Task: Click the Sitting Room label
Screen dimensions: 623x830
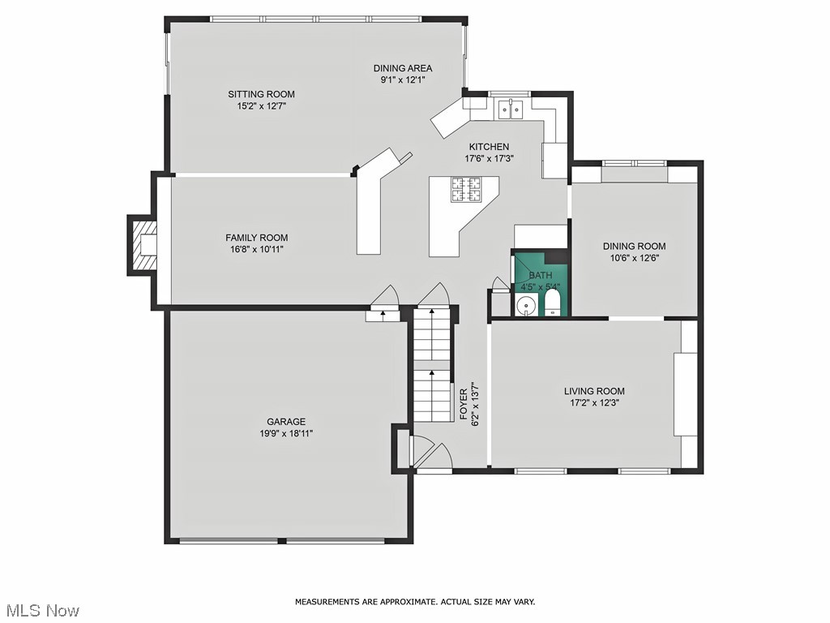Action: tap(261, 94)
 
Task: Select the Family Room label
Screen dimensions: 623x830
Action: tap(256, 238)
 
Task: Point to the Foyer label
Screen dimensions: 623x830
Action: tap(464, 403)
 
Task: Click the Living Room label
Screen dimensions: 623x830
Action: tap(594, 391)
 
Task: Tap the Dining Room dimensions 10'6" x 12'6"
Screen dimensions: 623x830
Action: tap(634, 258)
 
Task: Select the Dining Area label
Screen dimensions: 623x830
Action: tap(402, 68)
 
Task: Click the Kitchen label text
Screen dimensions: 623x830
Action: tap(489, 147)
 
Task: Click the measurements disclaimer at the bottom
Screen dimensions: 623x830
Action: tap(414, 602)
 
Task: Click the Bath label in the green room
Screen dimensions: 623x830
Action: tap(541, 276)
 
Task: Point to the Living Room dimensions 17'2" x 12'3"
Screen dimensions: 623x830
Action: tap(594, 402)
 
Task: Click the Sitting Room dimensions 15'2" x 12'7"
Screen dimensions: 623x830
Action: tap(261, 105)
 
